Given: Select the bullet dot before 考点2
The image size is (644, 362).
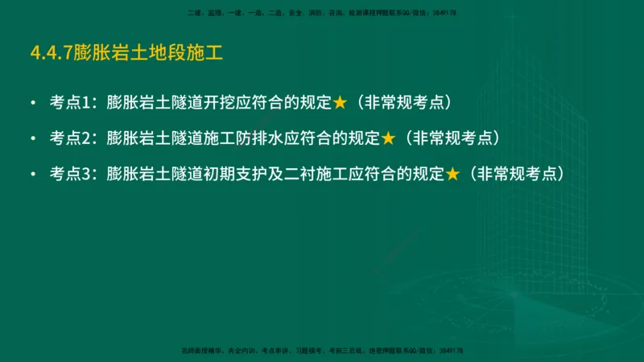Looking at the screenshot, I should point(32,138).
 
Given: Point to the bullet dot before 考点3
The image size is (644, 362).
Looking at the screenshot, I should point(32,173).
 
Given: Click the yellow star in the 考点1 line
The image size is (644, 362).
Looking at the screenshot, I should point(340,103).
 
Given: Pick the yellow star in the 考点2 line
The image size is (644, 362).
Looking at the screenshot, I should point(388,138).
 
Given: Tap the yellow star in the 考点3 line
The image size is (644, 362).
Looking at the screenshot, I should point(452,173).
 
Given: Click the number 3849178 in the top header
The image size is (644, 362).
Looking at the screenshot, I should point(444,14).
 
